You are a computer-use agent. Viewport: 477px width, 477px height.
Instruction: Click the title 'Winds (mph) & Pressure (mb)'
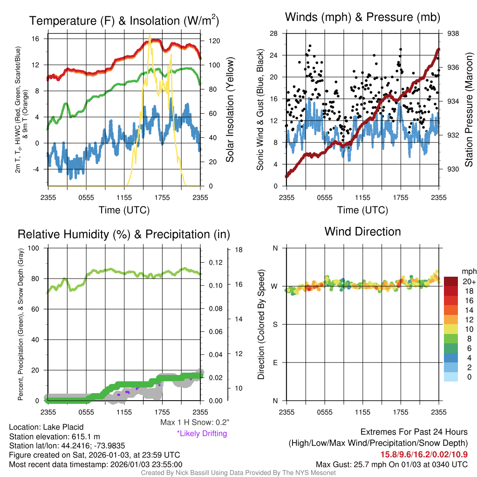click(x=362, y=18)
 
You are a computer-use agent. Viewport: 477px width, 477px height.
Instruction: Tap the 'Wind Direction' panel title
click(x=362, y=232)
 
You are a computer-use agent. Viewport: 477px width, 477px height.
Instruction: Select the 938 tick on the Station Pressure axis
click(x=453, y=34)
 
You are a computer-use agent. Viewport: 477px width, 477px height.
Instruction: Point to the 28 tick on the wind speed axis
click(x=274, y=34)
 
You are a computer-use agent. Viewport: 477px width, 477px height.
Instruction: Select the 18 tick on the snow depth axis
click(x=239, y=250)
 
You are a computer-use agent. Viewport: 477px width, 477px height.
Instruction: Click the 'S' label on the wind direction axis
click(x=275, y=324)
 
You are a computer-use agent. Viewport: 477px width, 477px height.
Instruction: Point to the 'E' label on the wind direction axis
click(x=275, y=362)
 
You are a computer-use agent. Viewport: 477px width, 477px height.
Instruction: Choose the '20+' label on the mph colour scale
click(x=469, y=282)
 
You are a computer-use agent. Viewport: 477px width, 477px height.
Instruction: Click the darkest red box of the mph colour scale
click(x=451, y=281)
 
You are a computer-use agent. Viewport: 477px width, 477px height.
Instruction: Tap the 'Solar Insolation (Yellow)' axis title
click(x=230, y=110)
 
